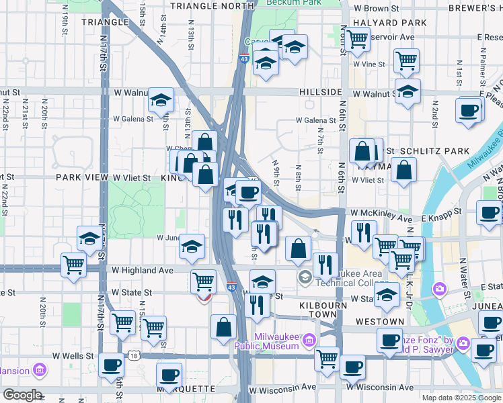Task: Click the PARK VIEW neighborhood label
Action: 82,177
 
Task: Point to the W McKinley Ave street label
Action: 381,218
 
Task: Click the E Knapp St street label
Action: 442,210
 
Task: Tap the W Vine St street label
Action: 369,64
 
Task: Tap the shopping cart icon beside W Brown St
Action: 356,40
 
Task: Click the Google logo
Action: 22,395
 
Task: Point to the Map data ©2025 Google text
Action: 461,398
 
